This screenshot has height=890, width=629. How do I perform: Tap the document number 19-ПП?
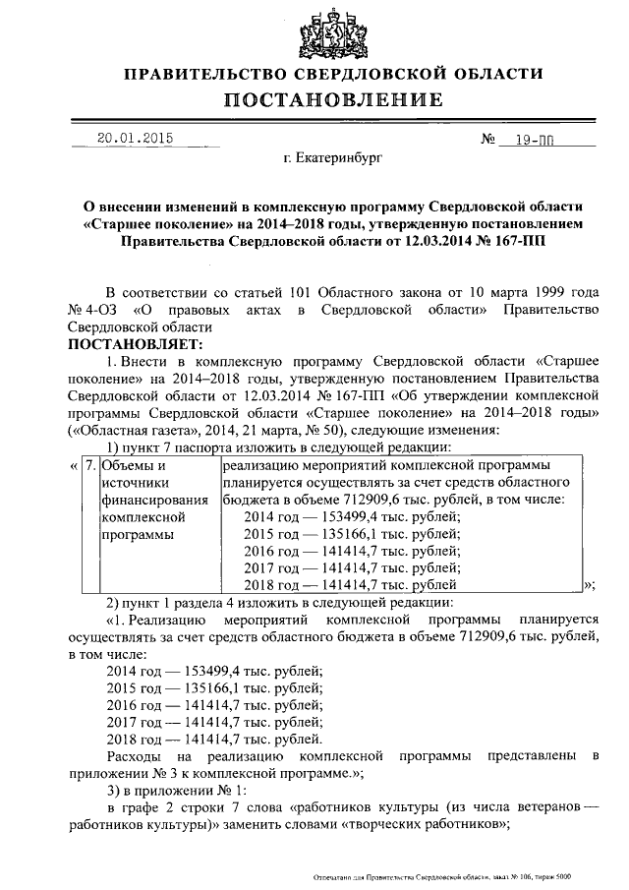pos(537,140)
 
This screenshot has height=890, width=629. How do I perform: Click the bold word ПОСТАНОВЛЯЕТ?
pos(132,344)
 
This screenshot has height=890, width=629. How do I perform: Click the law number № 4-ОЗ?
pos(94,311)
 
